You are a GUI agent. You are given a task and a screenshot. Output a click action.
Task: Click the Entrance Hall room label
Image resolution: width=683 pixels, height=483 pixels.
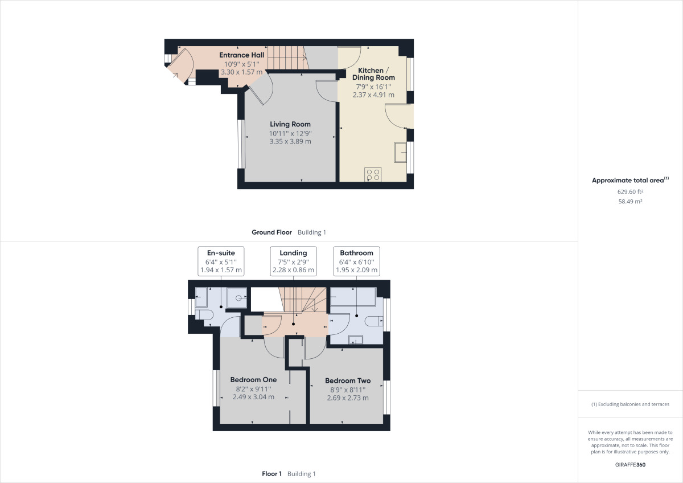click(242, 55)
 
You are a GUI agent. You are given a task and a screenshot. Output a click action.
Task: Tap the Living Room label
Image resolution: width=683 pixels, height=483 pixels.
click(290, 124)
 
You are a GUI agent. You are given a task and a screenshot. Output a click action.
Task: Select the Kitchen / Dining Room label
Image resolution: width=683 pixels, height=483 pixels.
click(373, 74)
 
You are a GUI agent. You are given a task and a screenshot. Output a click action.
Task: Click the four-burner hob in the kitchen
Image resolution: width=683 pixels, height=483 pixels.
click(373, 174)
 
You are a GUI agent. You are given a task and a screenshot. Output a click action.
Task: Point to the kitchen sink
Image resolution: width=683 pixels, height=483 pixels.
click(400, 152)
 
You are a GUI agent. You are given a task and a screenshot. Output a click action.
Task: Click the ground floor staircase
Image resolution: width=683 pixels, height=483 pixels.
click(287, 58)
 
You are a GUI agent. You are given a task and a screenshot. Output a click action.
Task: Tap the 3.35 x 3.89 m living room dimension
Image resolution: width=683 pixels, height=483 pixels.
click(290, 142)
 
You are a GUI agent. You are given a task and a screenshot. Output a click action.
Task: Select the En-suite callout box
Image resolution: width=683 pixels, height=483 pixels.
click(221, 261)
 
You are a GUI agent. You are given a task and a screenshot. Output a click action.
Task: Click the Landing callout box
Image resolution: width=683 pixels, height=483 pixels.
click(293, 261)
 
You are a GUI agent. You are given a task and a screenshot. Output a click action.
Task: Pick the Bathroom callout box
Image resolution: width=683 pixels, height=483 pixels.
click(357, 261)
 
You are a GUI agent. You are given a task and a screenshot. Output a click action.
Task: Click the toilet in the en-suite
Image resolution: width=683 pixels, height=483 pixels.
click(204, 314)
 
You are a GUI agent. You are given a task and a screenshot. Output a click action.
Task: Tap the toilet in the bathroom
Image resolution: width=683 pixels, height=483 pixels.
click(374, 321)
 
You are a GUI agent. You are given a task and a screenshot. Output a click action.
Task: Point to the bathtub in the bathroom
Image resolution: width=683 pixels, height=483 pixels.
click(353, 297)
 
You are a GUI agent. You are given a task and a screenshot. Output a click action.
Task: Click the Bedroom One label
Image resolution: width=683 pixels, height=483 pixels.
click(254, 380)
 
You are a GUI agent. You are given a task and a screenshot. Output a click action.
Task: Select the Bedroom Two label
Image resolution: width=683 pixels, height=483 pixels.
click(348, 381)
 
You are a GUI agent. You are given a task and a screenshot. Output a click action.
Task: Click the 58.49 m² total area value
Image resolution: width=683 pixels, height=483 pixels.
click(630, 202)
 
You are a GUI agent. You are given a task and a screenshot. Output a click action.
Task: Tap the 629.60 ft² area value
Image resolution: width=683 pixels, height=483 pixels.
click(630, 191)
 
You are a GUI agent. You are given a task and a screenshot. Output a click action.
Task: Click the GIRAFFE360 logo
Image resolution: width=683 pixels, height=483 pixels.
click(630, 465)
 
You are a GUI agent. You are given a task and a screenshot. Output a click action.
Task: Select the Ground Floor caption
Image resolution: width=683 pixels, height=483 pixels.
click(271, 232)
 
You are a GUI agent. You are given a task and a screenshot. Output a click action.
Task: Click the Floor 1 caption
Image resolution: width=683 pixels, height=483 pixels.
click(272, 474)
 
